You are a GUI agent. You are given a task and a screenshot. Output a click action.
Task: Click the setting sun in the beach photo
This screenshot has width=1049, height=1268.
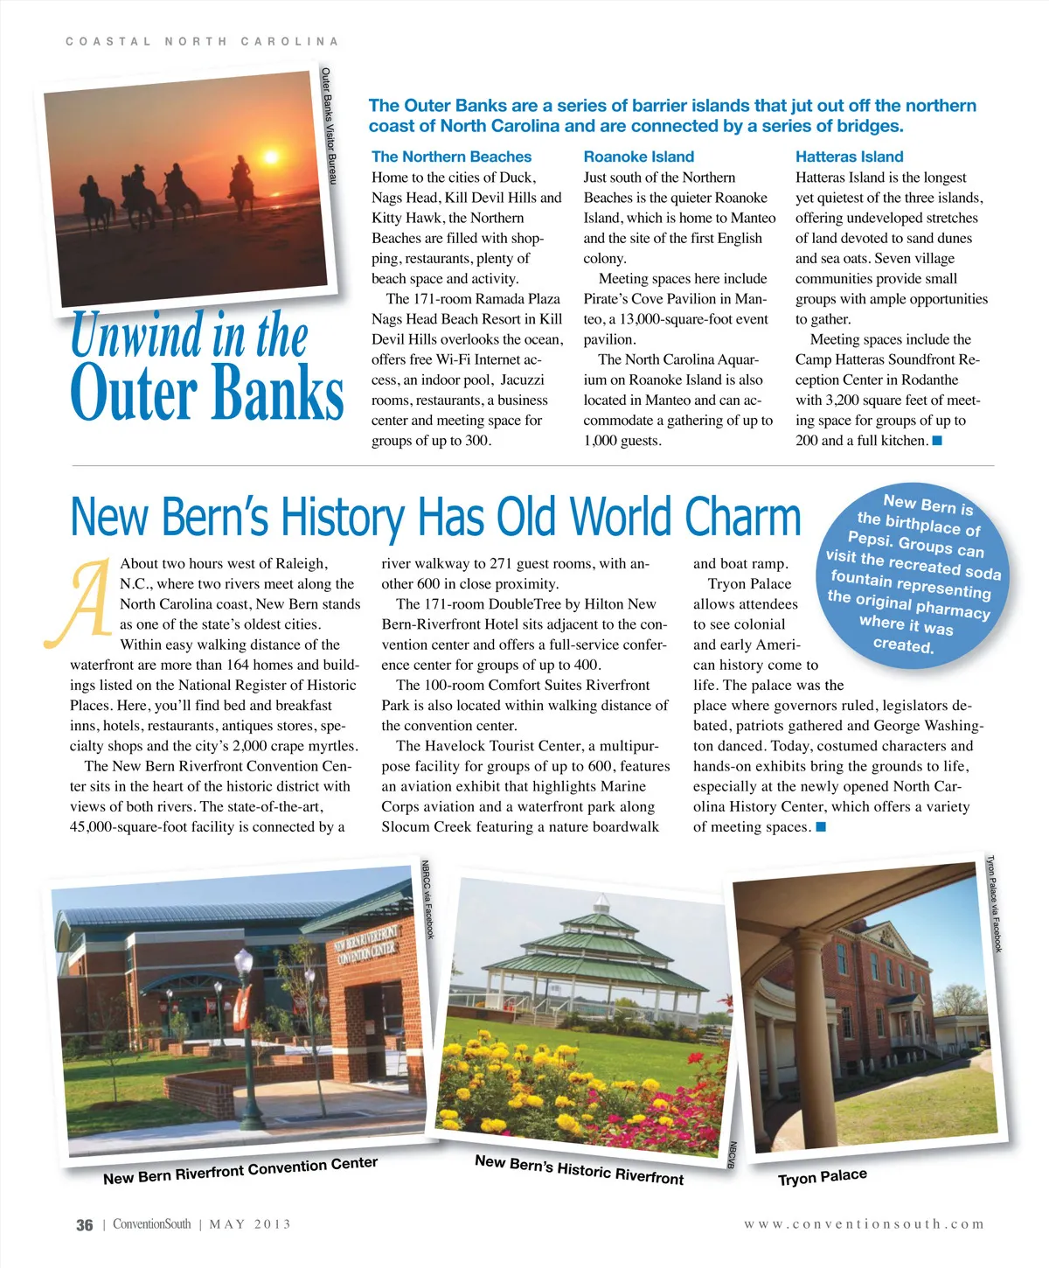[x=270, y=157]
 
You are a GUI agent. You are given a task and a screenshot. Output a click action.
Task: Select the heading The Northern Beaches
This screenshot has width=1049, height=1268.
[x=451, y=157]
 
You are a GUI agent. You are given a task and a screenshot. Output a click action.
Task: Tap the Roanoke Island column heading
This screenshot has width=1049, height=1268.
[x=638, y=157]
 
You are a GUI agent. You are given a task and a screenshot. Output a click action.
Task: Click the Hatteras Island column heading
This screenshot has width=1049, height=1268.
[x=849, y=157]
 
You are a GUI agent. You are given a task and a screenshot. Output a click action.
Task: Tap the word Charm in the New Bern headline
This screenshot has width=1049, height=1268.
[x=742, y=517]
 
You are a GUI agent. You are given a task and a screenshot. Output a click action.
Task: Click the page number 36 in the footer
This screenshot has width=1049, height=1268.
[x=84, y=1225]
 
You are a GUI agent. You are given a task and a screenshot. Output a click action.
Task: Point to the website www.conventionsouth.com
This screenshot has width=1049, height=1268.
[x=864, y=1224]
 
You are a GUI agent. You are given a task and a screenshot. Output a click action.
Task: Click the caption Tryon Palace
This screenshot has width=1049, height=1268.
[x=822, y=1177]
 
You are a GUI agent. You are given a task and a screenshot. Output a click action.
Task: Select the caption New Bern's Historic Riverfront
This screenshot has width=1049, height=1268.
[x=579, y=1169]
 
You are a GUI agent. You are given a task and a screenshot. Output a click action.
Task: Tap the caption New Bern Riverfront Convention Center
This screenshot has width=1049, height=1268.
[x=240, y=1170]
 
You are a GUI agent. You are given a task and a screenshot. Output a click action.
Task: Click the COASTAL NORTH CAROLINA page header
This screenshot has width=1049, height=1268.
[x=202, y=41]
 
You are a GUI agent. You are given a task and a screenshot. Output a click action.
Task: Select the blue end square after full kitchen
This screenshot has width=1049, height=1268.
[x=937, y=441]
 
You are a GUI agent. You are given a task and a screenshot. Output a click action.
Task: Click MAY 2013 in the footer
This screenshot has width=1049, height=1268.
[x=250, y=1224]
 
